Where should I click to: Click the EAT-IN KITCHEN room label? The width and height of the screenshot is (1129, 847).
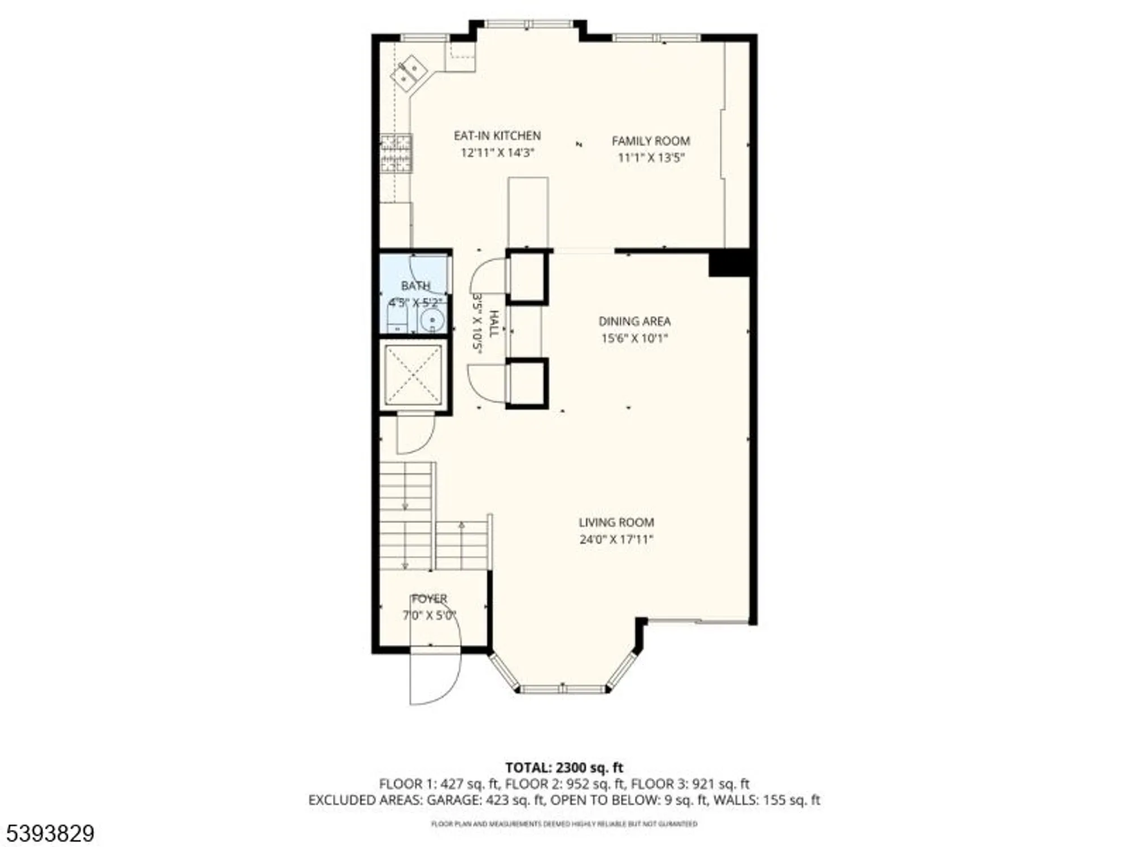click(497, 136)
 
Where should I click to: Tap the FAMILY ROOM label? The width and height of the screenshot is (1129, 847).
click(651, 141)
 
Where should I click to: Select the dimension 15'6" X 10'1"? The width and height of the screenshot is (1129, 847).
click(634, 338)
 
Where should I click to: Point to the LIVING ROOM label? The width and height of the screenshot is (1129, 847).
click(616, 522)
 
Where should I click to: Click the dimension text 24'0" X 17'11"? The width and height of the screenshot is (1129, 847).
click(616, 539)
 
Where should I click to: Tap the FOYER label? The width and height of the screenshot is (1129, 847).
click(429, 599)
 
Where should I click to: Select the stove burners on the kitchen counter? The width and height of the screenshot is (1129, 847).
click(396, 153)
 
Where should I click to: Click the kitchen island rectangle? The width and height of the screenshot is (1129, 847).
click(528, 212)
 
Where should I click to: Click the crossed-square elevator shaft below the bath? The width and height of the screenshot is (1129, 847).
click(413, 374)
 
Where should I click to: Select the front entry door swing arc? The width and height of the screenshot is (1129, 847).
click(435, 678)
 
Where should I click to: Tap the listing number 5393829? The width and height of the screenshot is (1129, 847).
click(48, 833)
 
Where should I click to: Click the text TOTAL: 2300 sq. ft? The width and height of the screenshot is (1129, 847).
click(564, 768)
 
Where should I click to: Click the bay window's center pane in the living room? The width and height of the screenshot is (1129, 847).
click(562, 688)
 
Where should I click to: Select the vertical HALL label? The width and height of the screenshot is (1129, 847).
click(493, 324)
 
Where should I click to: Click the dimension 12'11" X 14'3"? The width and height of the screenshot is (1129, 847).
click(497, 152)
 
